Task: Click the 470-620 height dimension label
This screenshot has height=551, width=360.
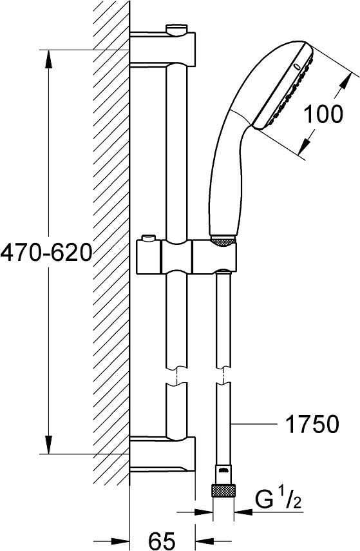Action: (46, 253)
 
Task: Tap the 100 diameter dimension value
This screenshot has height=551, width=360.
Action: (323, 114)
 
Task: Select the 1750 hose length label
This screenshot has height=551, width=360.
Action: (312, 424)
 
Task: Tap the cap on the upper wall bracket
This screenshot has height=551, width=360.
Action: (177, 30)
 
